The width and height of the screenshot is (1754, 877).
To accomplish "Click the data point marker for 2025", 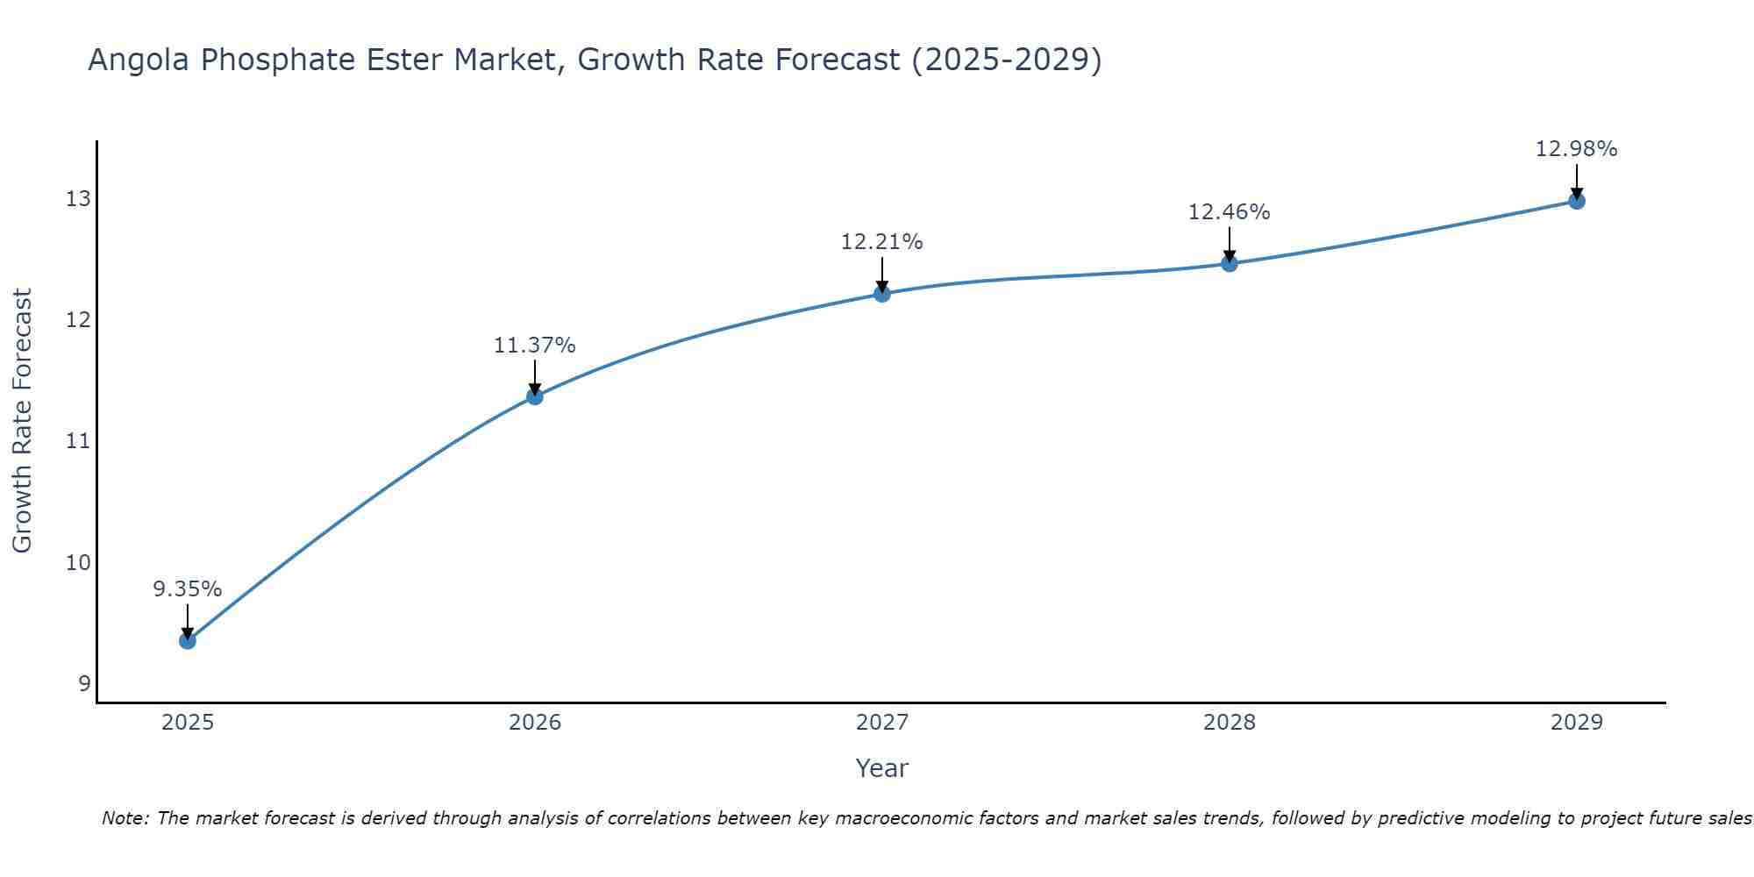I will [188, 641].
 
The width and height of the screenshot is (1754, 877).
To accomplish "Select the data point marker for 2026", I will [535, 396].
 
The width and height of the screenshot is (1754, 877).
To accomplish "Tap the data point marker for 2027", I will [882, 294].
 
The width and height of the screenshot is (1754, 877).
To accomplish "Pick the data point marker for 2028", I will [1230, 263].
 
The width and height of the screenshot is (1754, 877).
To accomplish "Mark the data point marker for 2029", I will [1577, 201].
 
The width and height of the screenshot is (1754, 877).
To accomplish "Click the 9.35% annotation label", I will [188, 589].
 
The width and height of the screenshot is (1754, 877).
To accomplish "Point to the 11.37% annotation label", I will [535, 346].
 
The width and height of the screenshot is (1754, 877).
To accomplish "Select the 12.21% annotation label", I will [882, 242].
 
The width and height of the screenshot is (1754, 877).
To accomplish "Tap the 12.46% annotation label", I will [1230, 212].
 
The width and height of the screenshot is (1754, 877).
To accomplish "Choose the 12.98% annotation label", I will [1577, 149].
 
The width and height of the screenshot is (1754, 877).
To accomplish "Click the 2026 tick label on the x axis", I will [535, 723].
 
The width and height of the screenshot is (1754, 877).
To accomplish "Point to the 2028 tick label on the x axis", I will [1230, 723].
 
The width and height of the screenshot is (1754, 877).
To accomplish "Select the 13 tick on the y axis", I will [78, 199].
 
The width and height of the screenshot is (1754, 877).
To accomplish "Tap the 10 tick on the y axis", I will [78, 562].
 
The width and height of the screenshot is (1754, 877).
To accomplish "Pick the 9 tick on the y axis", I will [84, 683].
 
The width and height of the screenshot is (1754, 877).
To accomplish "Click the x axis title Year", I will [882, 768].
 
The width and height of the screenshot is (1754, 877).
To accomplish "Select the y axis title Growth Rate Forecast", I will [23, 421].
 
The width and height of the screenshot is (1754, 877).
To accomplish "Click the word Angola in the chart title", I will [140, 61].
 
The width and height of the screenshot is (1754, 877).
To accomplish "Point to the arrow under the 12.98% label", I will [1577, 181].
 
